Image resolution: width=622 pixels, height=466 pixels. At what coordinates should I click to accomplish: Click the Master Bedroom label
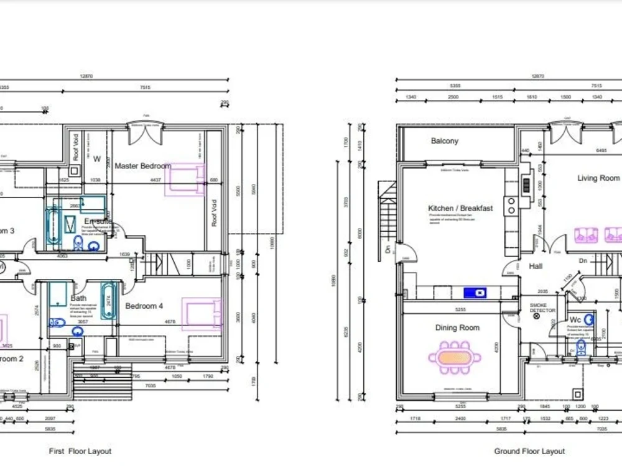[x=142, y=166]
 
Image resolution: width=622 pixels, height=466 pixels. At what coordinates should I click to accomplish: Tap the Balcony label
[x=444, y=141]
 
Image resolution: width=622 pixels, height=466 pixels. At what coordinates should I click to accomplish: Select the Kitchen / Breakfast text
[x=460, y=208]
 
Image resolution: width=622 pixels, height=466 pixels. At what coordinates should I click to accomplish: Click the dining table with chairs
[x=454, y=358]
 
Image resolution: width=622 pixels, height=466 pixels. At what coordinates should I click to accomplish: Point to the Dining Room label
[x=457, y=327]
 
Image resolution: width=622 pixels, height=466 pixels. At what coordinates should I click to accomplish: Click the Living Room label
[x=598, y=178]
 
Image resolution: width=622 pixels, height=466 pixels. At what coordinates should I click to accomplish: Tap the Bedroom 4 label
[x=144, y=306]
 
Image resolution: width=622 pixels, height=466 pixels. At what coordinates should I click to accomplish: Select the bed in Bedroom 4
[x=202, y=313]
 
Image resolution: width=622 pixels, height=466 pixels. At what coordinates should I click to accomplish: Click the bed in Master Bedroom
[x=185, y=179]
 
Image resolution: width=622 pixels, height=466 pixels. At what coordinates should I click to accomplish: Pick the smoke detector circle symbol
[x=537, y=316]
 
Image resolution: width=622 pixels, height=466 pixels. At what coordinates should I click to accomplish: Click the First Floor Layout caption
[x=80, y=451]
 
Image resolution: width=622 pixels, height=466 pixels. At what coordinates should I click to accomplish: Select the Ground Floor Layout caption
[x=529, y=451]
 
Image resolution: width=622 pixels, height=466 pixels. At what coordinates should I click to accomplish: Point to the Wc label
[x=575, y=320]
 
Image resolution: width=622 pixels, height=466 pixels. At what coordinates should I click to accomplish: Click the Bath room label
[x=78, y=299]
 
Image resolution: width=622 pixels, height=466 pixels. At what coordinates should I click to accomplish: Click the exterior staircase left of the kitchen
[x=387, y=211]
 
